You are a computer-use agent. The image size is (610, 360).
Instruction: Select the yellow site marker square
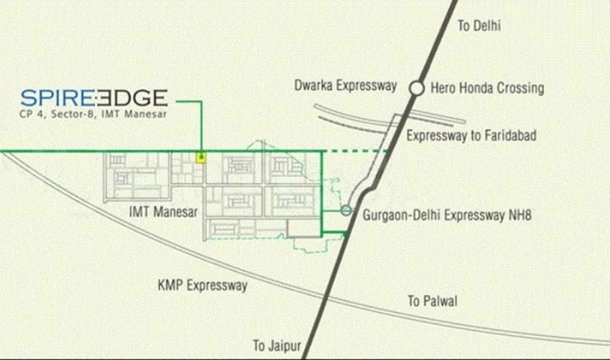[201, 156]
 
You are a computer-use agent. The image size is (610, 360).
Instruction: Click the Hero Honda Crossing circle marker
[416, 87]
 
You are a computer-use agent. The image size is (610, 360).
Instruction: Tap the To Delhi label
[480, 25]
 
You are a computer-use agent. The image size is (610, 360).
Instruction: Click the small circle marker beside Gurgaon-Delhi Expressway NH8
[346, 211]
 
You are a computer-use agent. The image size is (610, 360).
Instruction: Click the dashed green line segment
[356, 152]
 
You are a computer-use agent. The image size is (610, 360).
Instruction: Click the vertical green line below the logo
[202, 127]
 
